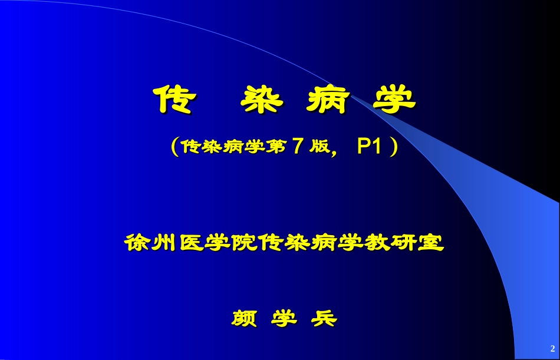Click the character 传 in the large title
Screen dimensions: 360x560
click(x=172, y=100)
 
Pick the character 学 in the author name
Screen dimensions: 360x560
click(x=284, y=319)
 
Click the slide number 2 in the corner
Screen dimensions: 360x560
click(x=552, y=347)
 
